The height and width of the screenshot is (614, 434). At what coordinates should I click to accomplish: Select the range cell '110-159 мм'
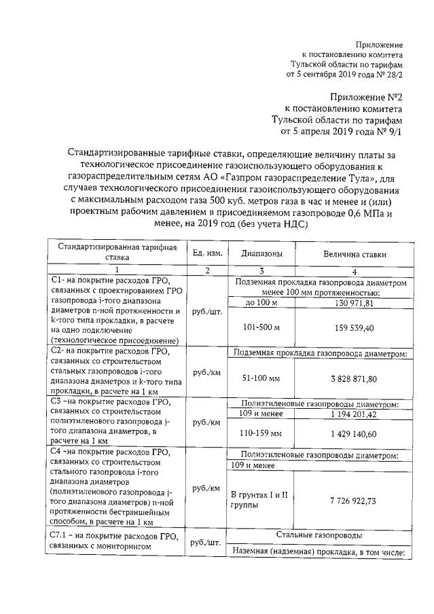[x=257, y=433]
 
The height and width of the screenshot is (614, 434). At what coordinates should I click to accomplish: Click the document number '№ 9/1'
[x=388, y=131]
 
